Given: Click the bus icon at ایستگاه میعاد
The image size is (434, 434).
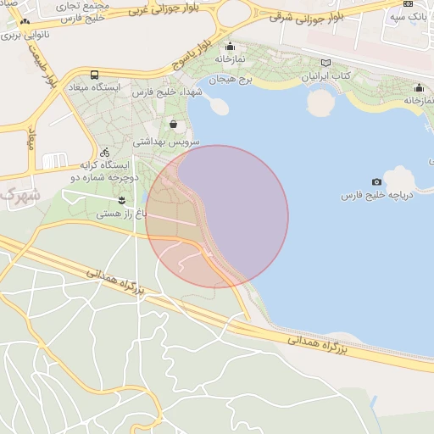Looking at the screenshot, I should [93, 75].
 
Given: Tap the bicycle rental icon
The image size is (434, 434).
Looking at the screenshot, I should [104, 152].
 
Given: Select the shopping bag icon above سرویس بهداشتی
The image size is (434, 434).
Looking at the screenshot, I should [174, 124].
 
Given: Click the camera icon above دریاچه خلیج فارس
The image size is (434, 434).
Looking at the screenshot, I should [376, 182].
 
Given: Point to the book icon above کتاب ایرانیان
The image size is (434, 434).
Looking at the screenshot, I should [326, 63].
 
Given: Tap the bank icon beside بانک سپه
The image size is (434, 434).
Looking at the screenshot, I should [409, 3].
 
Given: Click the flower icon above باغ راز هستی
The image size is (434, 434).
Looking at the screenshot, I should [122, 200].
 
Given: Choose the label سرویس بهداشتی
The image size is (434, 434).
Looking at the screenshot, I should [171, 143].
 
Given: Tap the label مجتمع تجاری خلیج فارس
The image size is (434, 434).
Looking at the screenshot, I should [83, 10].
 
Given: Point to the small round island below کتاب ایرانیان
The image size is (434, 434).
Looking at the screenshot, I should [320, 103].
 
